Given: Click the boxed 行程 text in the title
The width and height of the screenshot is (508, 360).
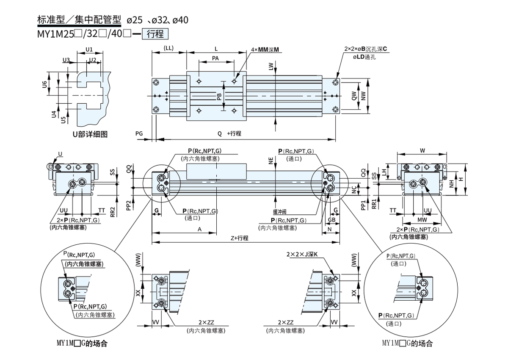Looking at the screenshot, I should tap(155, 33).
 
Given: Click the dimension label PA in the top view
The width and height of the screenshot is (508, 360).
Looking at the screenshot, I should tap(215, 59).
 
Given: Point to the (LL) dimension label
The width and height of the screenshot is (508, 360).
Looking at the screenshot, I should tap(168, 48).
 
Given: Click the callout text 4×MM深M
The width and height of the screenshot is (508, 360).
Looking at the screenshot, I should tap(265, 50).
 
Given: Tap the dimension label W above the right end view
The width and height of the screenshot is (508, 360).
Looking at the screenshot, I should tap(422, 150).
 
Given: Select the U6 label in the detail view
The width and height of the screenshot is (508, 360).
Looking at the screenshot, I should tap(44, 84).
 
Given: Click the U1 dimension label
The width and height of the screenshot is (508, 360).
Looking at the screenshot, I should tap(89, 50).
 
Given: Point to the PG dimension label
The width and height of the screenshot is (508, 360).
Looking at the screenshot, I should tap(139, 133).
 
